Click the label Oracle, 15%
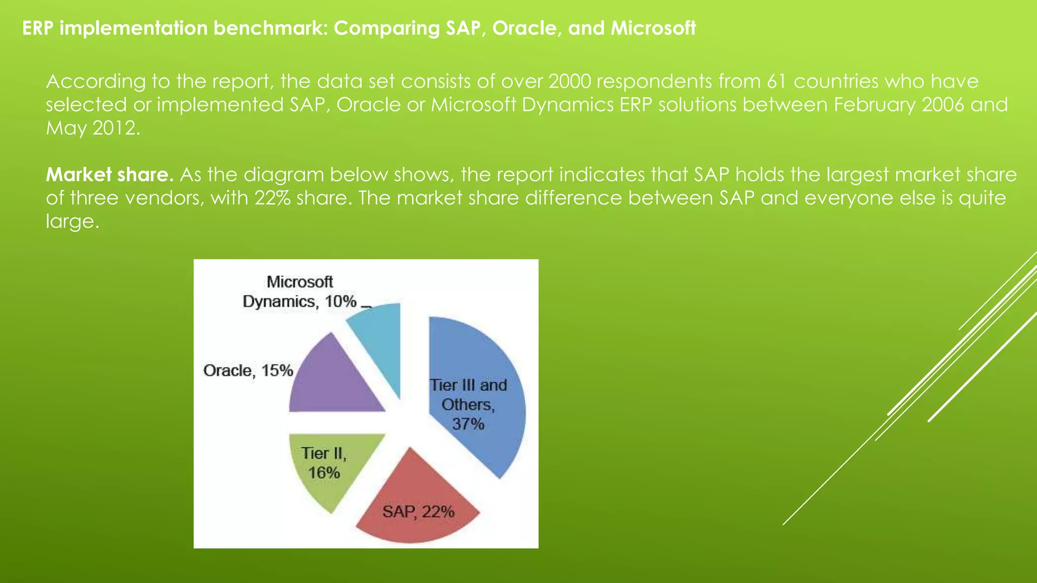248,370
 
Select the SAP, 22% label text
418,512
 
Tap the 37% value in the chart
468,424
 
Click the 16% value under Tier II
324,473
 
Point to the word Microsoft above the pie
300,281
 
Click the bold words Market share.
109,175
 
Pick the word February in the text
874,105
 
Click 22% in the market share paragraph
272,198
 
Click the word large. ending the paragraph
72,222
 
